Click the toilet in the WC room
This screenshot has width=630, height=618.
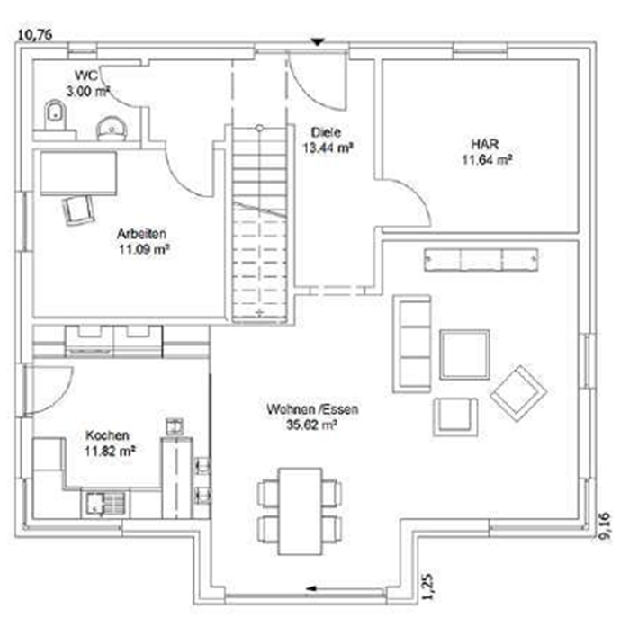pyautogui.click(x=55, y=115)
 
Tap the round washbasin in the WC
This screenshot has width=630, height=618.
pyautogui.click(x=112, y=129)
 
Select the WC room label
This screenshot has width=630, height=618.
pyautogui.click(x=86, y=76)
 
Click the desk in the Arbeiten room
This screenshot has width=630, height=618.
pyautogui.click(x=79, y=173)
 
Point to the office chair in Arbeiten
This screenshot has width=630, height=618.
pyautogui.click(x=79, y=210)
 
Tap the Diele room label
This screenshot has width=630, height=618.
pyautogui.click(x=326, y=132)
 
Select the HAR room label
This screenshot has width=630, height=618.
pyautogui.click(x=485, y=144)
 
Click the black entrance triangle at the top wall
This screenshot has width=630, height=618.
pyautogui.click(x=319, y=41)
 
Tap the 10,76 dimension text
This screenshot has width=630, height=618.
pyautogui.click(x=35, y=35)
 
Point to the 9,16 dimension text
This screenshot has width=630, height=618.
pyautogui.click(x=605, y=527)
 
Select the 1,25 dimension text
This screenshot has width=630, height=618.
pyautogui.click(x=427, y=587)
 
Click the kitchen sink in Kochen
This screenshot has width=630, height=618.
pyautogui.click(x=105, y=503)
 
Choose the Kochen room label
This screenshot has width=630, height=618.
pyautogui.click(x=107, y=435)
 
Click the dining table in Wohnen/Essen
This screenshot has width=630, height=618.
pyautogui.click(x=301, y=511)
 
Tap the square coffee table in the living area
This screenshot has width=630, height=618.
pyautogui.click(x=464, y=354)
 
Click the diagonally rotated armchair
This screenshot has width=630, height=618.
pyautogui.click(x=518, y=393)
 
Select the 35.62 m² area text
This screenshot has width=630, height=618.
pyautogui.click(x=311, y=425)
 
